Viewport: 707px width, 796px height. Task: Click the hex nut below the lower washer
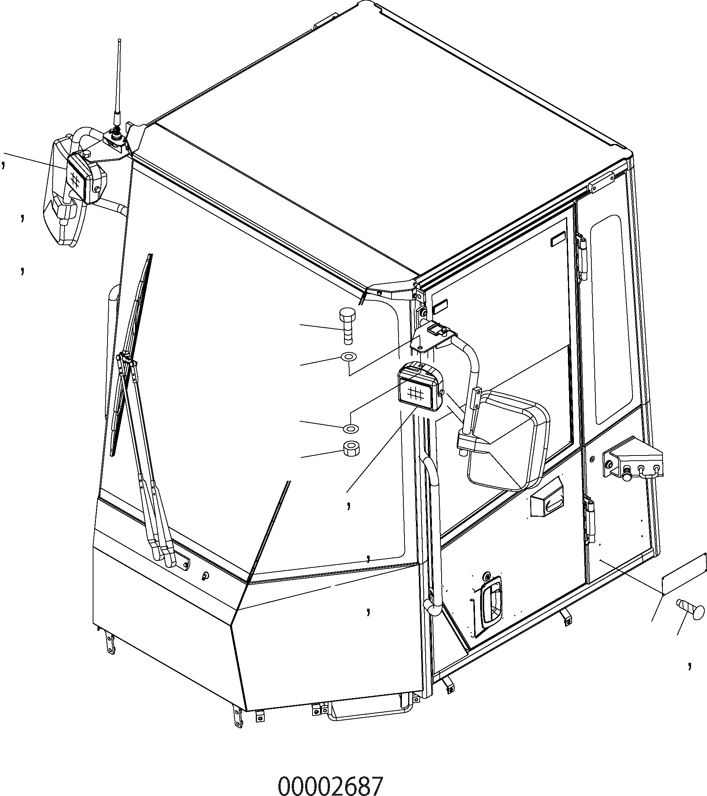(x=351, y=448)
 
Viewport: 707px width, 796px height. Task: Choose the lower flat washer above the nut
(x=351, y=428)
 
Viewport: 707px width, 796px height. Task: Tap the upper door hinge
(x=582, y=257)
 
